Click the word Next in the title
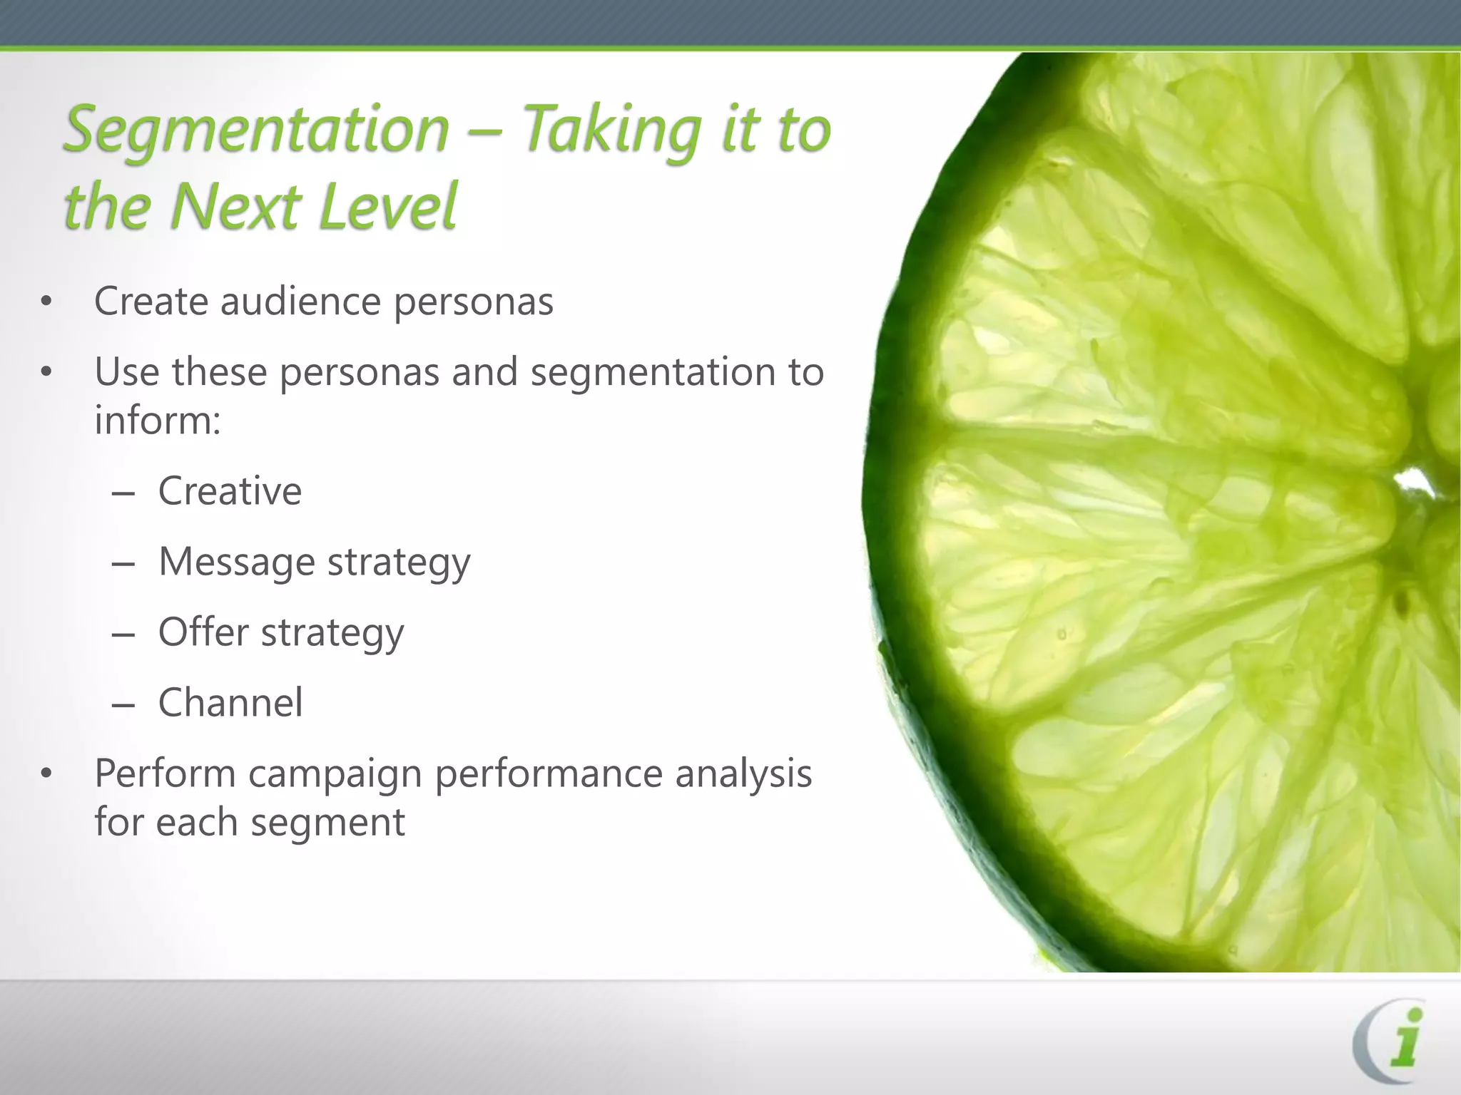click(x=235, y=207)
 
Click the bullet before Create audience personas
click(x=46, y=302)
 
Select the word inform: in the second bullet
click(x=158, y=420)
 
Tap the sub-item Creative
click(x=230, y=491)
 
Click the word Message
click(x=236, y=562)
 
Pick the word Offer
click(x=203, y=632)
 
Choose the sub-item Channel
click(x=230, y=703)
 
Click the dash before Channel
click(x=123, y=705)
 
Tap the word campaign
click(x=335, y=774)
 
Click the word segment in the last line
click(x=327, y=823)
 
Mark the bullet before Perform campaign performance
click(x=46, y=774)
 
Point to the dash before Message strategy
click(x=123, y=564)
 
